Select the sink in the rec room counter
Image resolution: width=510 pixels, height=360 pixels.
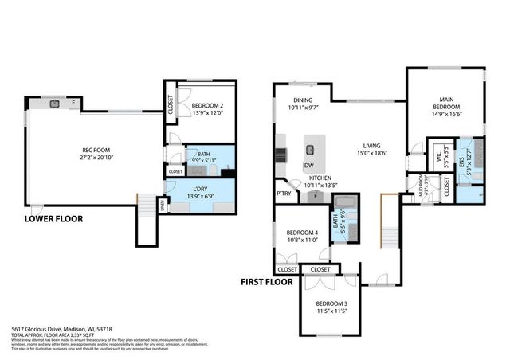(56, 103)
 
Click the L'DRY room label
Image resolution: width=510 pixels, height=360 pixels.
(201, 188)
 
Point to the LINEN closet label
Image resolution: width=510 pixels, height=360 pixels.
(163, 205)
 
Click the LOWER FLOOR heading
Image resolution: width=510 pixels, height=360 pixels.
(53, 218)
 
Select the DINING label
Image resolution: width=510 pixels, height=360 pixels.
(302, 100)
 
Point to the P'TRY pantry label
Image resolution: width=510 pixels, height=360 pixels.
(282, 194)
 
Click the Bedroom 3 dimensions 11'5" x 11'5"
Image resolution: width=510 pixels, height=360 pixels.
(331, 311)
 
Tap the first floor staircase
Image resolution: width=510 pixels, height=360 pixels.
(389, 236)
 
